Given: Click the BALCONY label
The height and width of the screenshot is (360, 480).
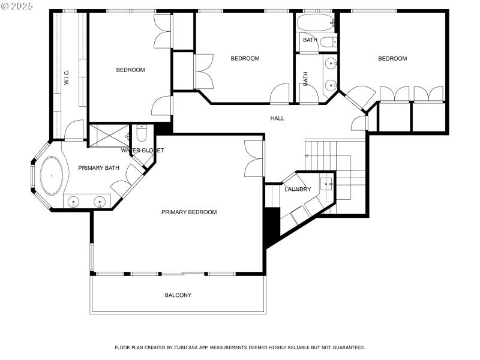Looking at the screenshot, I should click(178, 295).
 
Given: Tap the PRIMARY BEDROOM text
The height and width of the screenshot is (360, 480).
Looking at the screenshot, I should click(189, 212).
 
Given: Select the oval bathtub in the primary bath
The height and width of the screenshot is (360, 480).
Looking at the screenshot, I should click(51, 176).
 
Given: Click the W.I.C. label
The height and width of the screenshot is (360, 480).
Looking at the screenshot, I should click(67, 77).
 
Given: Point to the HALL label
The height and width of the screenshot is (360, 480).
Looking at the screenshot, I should click(277, 119).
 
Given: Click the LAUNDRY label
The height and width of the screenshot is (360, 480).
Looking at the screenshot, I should click(298, 190).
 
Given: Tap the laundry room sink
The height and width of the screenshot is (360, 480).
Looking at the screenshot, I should click(326, 184).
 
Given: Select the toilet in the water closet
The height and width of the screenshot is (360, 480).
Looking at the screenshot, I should click(140, 133).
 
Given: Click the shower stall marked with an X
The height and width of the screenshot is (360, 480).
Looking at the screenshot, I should click(109, 136).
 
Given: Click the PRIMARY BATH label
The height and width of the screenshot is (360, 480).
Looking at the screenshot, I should click(98, 168).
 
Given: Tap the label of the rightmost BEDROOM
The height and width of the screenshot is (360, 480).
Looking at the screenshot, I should click(392, 59).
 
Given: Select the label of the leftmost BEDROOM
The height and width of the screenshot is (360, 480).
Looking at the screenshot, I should click(130, 70).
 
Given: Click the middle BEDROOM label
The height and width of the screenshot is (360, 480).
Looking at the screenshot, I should click(245, 59).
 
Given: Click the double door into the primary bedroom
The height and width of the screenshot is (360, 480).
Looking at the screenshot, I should click(254, 158).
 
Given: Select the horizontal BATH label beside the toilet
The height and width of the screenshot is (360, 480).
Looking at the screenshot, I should click(310, 40).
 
